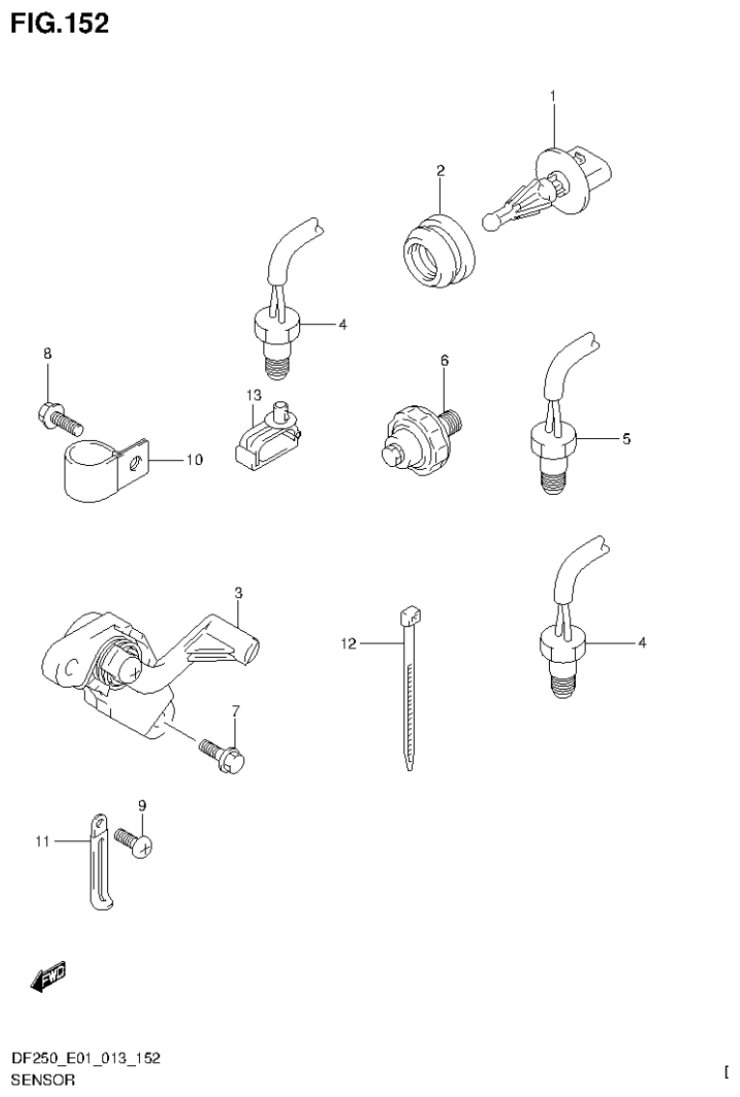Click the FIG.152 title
click(60, 22)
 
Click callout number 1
click(553, 96)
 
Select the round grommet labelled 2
click(436, 251)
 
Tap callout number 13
click(254, 396)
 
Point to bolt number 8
click(60, 418)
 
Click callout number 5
click(626, 438)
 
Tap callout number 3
click(237, 591)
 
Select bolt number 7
click(222, 754)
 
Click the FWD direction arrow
click(48, 977)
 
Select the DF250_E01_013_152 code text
click(85, 1058)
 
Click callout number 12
click(348, 642)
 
